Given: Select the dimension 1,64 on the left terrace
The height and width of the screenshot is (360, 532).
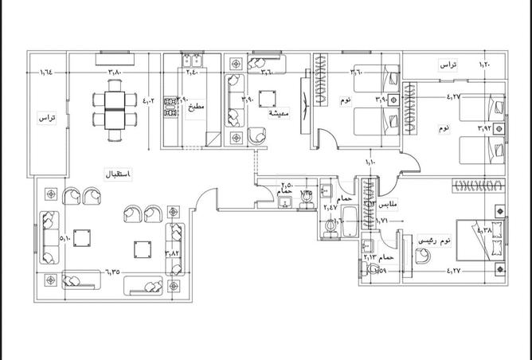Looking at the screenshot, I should click(x=45, y=73).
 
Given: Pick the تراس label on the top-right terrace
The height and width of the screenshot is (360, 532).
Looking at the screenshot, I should click(x=448, y=65).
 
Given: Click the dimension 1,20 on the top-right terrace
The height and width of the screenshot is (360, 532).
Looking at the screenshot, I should click(x=486, y=65).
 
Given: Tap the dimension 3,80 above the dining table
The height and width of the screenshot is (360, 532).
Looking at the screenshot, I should click(x=112, y=73).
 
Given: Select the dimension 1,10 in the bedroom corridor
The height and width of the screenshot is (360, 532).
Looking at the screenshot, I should click(x=370, y=163).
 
